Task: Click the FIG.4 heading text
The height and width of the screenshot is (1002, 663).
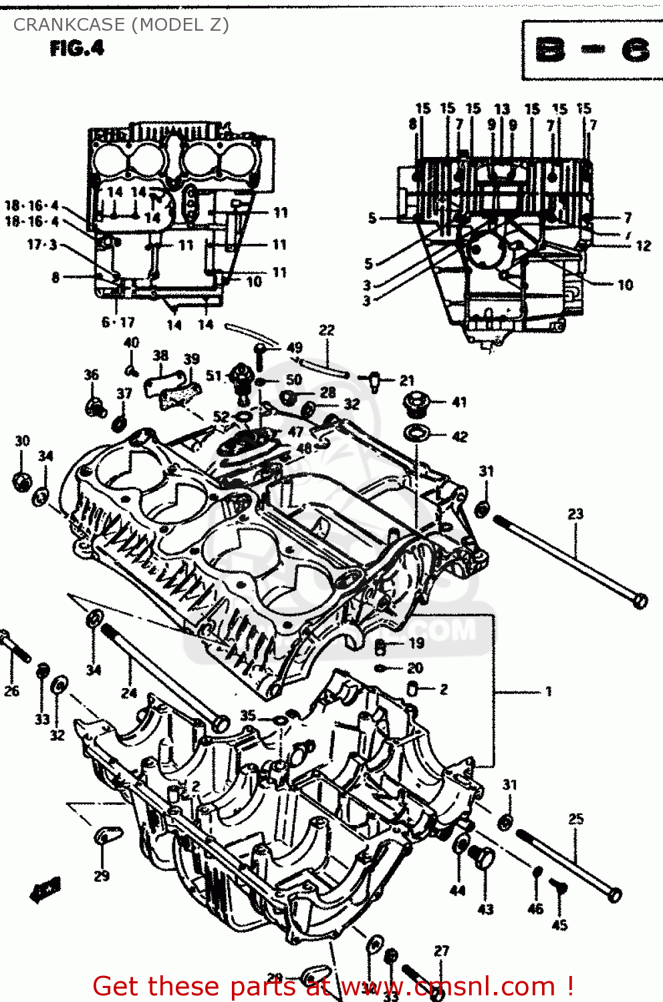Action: point(77,49)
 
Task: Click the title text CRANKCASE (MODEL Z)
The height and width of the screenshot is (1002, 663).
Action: point(121,25)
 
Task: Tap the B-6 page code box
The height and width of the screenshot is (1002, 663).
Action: point(591,50)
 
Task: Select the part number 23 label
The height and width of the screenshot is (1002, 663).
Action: point(575,514)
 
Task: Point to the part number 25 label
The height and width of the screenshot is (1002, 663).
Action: point(575,818)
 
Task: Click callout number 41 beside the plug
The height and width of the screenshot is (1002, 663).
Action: point(459,402)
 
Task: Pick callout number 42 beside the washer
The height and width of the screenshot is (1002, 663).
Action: point(460,437)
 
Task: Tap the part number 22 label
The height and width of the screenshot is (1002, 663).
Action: point(326,330)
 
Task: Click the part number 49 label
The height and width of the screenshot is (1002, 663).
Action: point(294,347)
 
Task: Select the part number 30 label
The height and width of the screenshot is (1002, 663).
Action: point(22,441)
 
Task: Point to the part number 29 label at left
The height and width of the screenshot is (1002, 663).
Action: point(102,876)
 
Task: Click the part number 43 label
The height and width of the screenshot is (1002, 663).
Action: point(485,909)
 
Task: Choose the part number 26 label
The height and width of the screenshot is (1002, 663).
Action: point(11,691)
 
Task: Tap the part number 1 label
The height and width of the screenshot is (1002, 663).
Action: point(549,691)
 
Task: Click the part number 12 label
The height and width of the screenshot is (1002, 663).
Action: point(643,246)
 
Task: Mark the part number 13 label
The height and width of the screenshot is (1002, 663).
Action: point(501,109)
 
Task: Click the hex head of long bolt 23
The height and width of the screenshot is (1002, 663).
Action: point(640,601)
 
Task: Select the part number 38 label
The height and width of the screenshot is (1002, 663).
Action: point(160,355)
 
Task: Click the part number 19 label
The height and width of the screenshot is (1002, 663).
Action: point(416,643)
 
